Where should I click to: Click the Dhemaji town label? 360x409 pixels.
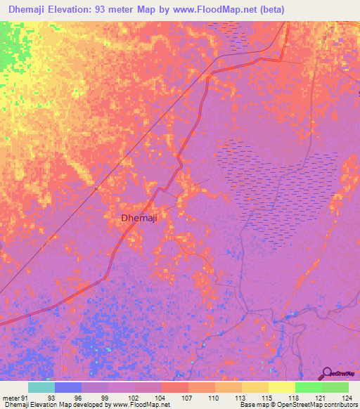(x=139, y=218)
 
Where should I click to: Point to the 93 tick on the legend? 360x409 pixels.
(x=51, y=397)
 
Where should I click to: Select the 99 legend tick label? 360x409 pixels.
(x=105, y=397)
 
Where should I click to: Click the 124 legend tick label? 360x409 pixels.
(x=346, y=397)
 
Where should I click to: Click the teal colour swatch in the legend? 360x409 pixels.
(x=41, y=387)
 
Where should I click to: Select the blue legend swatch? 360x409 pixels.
(x=68, y=387)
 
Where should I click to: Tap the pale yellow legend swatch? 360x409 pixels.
(x=281, y=387)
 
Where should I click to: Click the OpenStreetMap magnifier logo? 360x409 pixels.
(x=328, y=372)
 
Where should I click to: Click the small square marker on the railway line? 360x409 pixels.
(x=96, y=188)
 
